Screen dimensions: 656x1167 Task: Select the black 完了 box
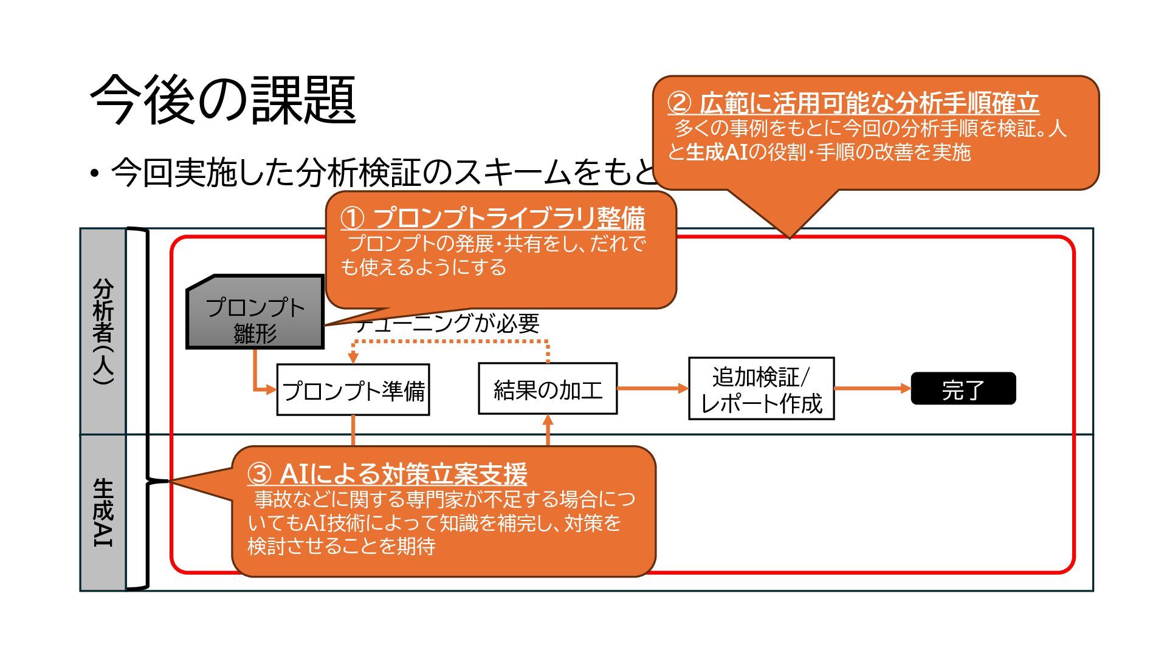click(x=963, y=389)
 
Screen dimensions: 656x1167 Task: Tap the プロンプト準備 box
click(x=353, y=390)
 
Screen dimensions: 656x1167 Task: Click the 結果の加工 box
click(x=548, y=389)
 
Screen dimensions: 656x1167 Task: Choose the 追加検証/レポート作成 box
click(x=761, y=389)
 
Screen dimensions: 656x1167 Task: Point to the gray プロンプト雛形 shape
click(x=255, y=313)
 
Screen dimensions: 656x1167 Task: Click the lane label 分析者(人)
click(x=103, y=331)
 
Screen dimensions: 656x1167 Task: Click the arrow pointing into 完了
click(x=906, y=388)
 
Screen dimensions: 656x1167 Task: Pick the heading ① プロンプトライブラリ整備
click(x=492, y=217)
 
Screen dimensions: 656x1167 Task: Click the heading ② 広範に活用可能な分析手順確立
click(x=853, y=103)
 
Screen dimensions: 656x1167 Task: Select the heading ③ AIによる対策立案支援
click(x=387, y=473)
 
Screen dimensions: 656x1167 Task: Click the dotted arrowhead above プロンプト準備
click(x=353, y=359)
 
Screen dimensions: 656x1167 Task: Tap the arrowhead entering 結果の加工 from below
click(x=548, y=419)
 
